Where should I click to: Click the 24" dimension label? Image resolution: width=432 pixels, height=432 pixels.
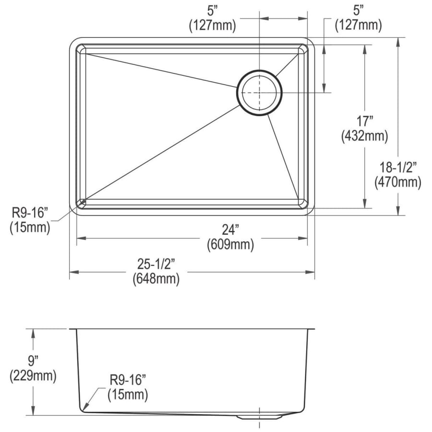[230, 230]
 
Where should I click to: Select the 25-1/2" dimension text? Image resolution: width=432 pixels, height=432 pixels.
[156, 264]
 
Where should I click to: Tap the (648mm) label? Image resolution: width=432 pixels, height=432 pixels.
[156, 279]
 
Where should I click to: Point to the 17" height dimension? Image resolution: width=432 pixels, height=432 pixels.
[365, 121]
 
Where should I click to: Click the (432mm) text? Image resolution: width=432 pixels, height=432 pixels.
[365, 136]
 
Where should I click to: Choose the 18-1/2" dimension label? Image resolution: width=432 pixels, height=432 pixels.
[398, 168]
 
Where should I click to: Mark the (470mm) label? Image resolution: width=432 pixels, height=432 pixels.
[398, 182]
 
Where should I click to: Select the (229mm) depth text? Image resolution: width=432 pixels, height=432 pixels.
[33, 376]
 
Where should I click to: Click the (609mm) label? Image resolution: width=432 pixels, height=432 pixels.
[230, 244]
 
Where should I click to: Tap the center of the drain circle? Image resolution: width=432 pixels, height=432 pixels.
[259, 93]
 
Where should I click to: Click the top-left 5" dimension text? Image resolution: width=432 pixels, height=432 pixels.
[213, 11]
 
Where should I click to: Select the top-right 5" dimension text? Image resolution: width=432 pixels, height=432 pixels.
[359, 11]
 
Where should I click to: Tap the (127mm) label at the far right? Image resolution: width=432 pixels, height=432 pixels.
[359, 25]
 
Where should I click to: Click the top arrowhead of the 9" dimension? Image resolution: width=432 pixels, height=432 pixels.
[33, 333]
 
